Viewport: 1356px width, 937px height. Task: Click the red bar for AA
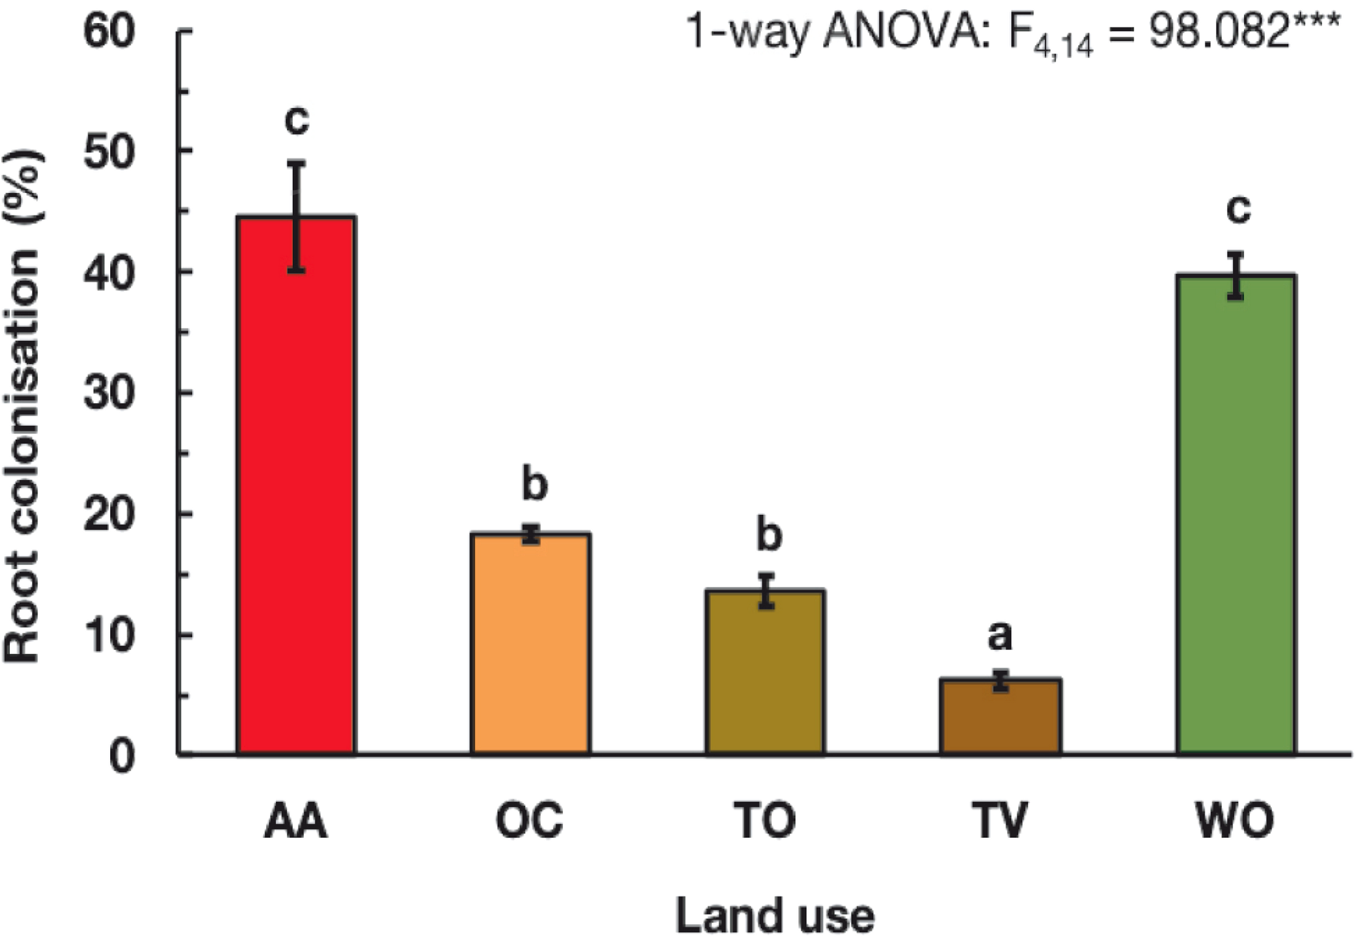[296, 490]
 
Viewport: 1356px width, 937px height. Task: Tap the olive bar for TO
[765, 673]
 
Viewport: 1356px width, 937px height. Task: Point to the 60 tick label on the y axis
[109, 32]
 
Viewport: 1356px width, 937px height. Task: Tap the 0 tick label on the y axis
[122, 758]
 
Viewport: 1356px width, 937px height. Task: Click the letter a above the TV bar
[1000, 636]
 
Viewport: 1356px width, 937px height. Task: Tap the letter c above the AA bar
[297, 121]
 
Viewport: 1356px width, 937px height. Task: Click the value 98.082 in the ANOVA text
[1217, 32]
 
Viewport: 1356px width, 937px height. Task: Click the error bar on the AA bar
[297, 217]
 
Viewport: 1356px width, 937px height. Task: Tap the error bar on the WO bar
[1236, 275]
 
